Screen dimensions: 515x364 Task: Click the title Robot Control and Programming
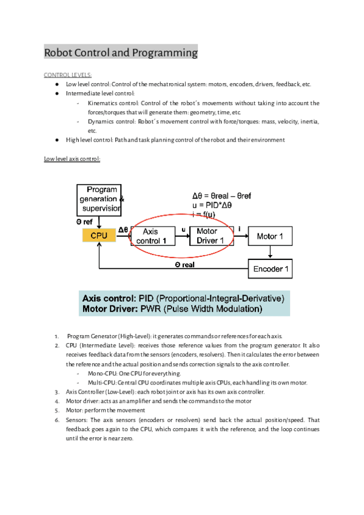(x=121, y=53)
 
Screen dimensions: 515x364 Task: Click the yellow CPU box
(x=99, y=235)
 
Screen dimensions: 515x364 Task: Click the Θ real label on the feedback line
(x=184, y=265)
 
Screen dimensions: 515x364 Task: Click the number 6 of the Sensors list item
(x=56, y=420)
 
